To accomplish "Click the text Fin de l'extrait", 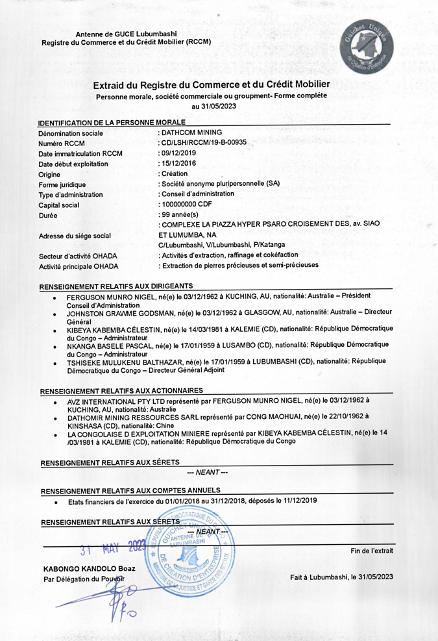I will [371, 551].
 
